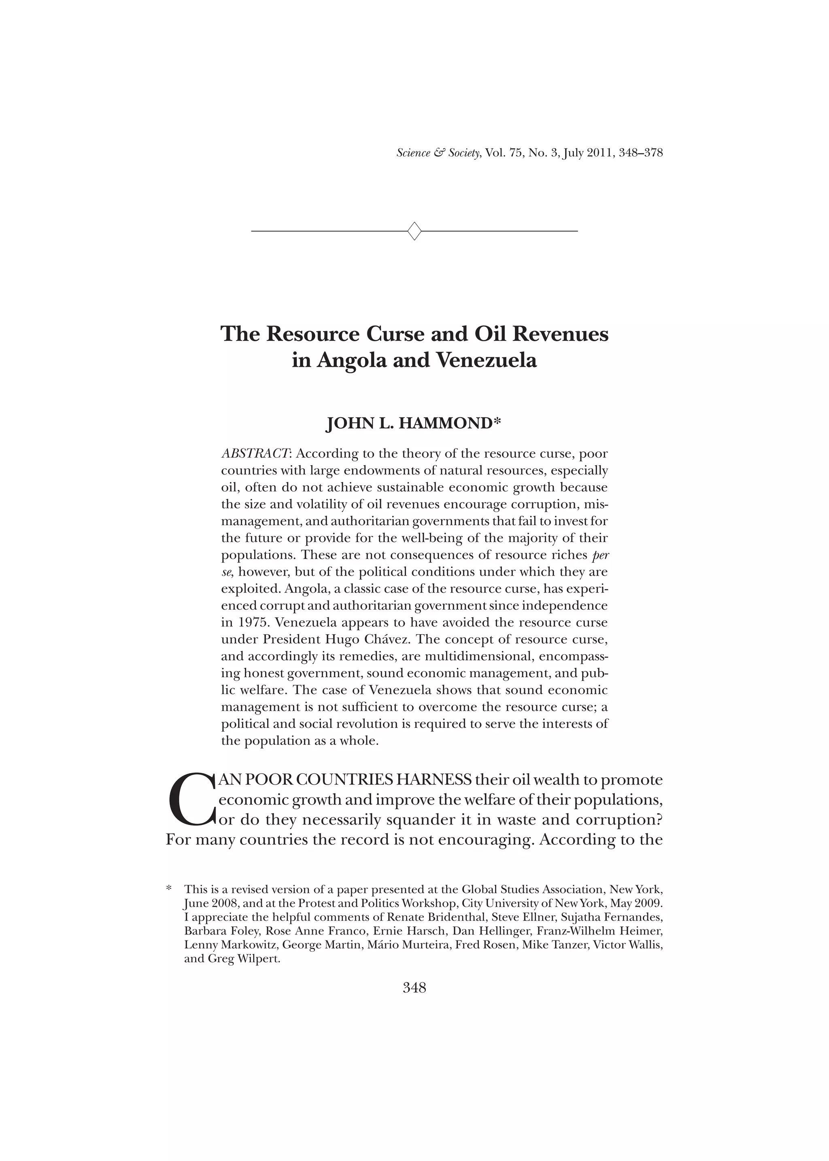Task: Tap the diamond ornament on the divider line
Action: point(414,231)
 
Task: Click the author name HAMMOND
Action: point(444,424)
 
